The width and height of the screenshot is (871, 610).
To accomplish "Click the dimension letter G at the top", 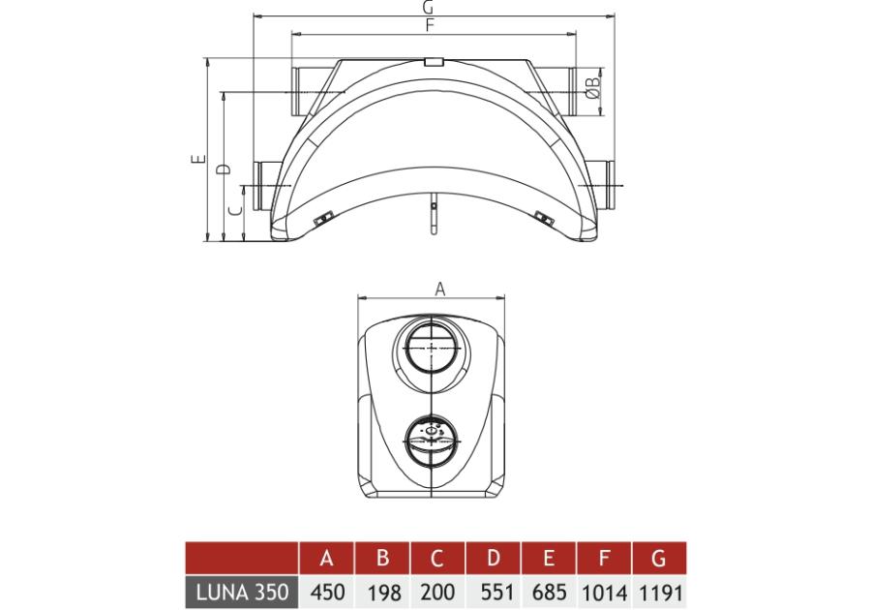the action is point(427,7).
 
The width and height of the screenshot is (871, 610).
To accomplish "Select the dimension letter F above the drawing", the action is point(429,25).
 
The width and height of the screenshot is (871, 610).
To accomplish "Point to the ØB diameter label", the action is point(592,87).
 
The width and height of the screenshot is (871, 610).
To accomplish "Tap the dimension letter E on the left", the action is point(197,159).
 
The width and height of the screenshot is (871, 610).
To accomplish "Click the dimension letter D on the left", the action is point(223,168).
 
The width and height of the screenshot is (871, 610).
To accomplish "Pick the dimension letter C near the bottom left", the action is point(235,210).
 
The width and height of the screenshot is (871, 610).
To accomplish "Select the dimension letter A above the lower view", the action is point(440,289).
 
